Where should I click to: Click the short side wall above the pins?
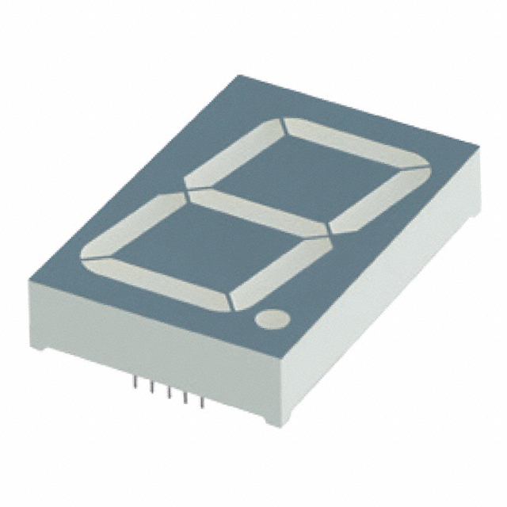pyautogui.click(x=158, y=349)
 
